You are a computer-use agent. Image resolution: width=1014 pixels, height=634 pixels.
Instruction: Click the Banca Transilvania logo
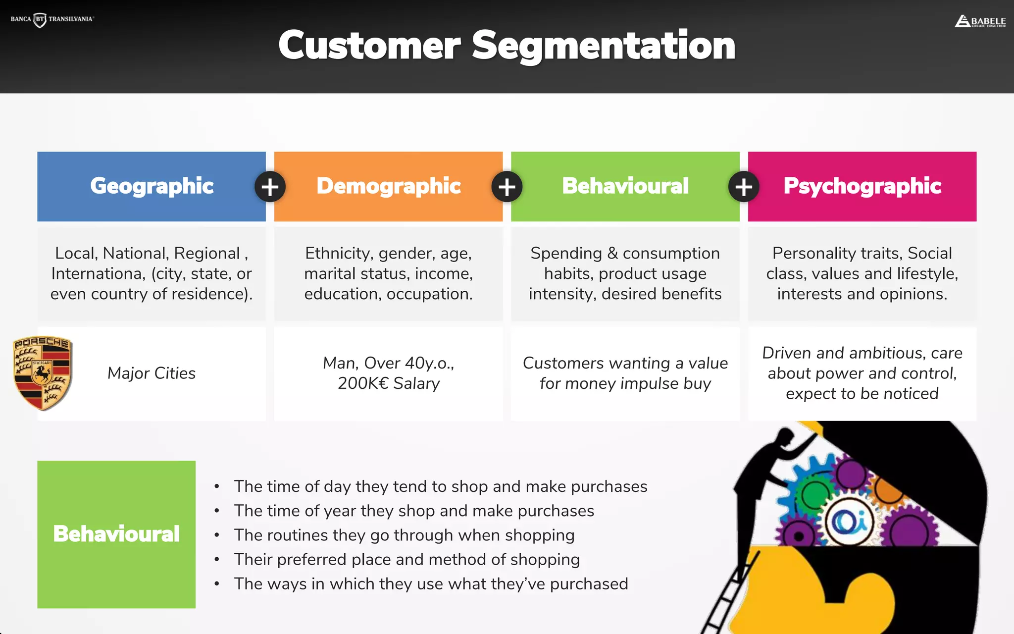click(x=52, y=19)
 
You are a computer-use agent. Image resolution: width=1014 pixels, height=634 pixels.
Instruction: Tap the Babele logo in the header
click(x=980, y=21)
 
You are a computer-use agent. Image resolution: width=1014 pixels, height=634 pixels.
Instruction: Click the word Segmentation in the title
click(x=604, y=45)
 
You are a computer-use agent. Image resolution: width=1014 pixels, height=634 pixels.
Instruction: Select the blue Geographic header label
click(x=152, y=186)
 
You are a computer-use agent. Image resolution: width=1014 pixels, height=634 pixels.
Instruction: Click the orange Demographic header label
click(x=389, y=186)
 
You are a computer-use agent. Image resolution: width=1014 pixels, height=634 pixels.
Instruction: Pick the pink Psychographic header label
click(x=862, y=186)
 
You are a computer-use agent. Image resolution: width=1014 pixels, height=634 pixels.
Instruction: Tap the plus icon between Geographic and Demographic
click(x=270, y=187)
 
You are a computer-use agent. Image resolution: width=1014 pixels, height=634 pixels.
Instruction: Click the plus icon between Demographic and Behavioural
click(x=507, y=187)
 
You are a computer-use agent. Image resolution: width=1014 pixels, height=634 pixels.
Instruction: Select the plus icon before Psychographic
click(x=744, y=187)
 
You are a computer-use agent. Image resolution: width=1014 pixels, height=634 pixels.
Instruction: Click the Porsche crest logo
click(x=43, y=373)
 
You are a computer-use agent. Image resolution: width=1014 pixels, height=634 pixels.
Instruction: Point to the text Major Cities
click(x=152, y=373)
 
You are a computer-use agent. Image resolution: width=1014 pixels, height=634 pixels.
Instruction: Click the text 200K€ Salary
click(x=389, y=383)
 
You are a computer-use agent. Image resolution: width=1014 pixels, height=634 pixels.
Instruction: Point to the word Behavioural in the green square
click(x=116, y=534)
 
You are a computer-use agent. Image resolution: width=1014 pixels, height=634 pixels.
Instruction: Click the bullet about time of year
click(x=414, y=511)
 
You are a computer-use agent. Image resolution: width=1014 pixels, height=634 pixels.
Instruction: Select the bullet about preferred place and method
click(x=406, y=559)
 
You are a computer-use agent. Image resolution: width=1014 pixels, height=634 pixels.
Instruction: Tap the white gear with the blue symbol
click(x=848, y=521)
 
